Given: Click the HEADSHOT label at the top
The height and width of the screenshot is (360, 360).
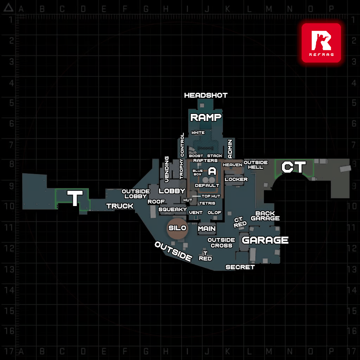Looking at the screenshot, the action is click(206, 95).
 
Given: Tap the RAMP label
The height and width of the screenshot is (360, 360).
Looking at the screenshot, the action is click(206, 117).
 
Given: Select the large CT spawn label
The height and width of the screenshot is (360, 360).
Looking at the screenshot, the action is click(294, 167).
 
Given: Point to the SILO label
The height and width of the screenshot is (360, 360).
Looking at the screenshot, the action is click(177, 228).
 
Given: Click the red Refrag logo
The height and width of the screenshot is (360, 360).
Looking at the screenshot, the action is click(321, 43).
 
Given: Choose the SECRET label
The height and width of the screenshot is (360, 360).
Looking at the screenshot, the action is click(240, 267).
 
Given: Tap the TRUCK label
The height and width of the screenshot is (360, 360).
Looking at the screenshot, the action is click(120, 206).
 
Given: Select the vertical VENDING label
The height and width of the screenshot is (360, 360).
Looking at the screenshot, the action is click(167, 169).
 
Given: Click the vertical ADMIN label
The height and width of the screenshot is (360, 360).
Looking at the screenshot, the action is click(230, 149).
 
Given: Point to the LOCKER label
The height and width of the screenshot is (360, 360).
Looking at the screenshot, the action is click(236, 179).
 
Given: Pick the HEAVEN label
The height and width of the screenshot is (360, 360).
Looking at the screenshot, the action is click(233, 165).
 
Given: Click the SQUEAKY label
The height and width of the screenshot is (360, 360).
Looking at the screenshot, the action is click(173, 210).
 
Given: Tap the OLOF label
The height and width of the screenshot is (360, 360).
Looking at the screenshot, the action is click(214, 213).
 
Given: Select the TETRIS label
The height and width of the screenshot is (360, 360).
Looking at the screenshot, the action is click(207, 203).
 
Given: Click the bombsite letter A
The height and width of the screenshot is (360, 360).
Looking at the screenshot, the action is click(212, 171).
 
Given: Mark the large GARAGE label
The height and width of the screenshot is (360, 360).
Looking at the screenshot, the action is click(265, 240).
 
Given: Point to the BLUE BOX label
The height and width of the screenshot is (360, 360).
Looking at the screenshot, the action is click(198, 172).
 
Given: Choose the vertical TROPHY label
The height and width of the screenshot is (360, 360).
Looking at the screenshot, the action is click(182, 169).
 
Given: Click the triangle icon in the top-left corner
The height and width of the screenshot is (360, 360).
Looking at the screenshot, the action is click(8, 8).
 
